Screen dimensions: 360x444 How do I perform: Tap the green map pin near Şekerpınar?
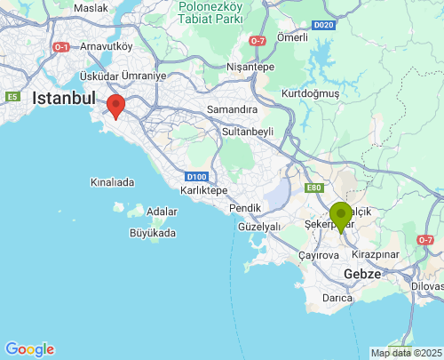tap(340, 215)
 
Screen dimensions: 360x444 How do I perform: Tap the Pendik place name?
tap(245, 208)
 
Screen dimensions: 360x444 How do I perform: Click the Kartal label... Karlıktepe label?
tap(204, 191)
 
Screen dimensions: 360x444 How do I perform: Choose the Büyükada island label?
tap(153, 233)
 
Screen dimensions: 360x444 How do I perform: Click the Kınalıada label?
tap(112, 182)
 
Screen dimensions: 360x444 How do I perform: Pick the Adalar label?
tap(162, 212)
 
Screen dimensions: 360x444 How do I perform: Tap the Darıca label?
tap(338, 298)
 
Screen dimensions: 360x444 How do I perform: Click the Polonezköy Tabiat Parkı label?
tap(223, 15)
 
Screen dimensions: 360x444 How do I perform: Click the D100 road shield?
tap(197, 176)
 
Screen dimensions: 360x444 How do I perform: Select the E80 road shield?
tap(313, 188)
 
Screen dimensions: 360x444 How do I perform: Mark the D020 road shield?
tap(323, 25)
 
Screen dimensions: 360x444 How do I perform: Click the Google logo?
tap(29, 349)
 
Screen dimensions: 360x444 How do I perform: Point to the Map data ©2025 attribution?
tap(405, 353)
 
